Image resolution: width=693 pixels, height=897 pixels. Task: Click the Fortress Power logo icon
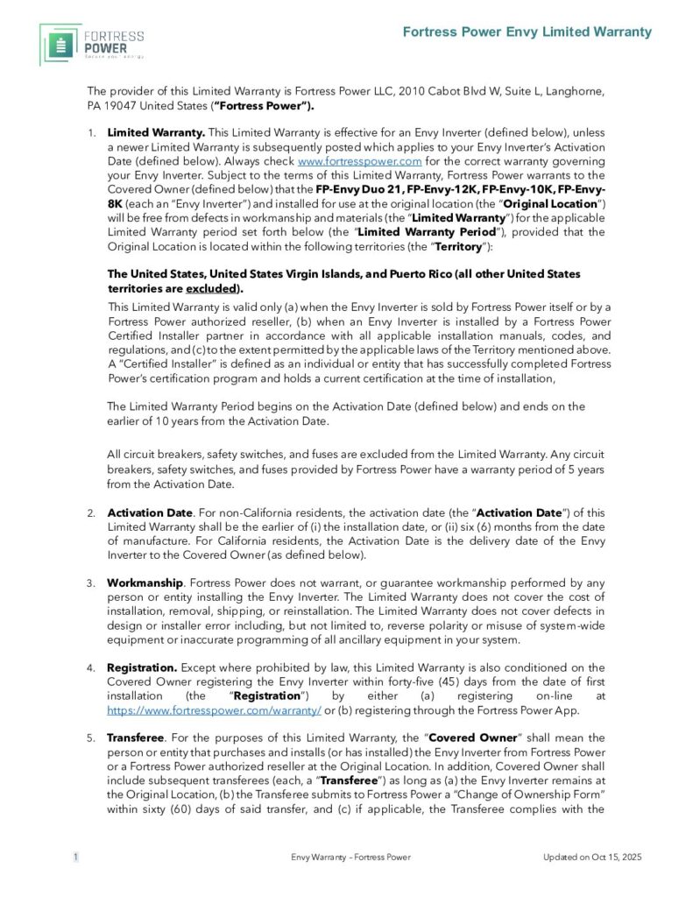coord(60,44)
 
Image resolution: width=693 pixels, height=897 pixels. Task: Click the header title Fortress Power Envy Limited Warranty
coord(527,32)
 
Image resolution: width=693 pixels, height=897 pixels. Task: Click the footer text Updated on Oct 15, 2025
coord(592,857)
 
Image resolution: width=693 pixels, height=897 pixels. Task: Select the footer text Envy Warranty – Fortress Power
coord(350,857)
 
